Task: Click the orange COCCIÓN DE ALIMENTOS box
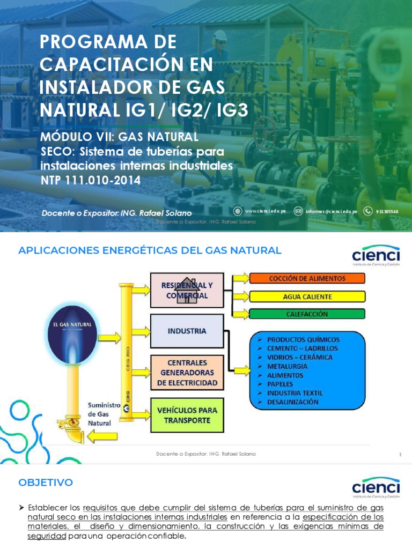tap(307, 278)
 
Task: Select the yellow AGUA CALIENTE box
tap(307, 296)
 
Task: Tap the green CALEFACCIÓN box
tap(307, 314)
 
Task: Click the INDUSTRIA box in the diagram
tap(187, 331)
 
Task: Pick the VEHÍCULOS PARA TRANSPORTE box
tap(187, 415)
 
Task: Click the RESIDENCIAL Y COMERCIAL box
tap(187, 290)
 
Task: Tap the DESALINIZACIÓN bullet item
tap(292, 402)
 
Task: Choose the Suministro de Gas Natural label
tap(100, 413)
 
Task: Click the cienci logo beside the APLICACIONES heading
tap(376, 256)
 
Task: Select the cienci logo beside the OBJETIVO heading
tap(376, 488)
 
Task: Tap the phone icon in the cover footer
tap(368, 211)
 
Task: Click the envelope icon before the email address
tap(298, 211)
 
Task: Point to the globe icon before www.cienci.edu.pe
tap(238, 211)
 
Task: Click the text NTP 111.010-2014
tap(91, 181)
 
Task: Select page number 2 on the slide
tap(400, 455)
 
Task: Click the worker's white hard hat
tap(219, 35)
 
